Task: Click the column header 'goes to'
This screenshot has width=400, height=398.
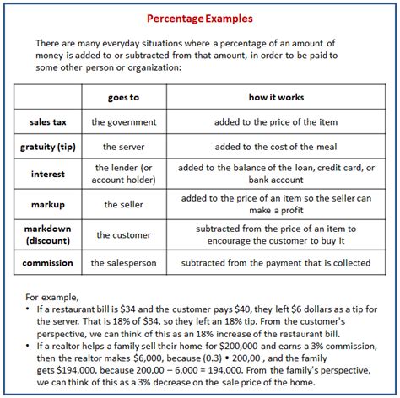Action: coord(122,97)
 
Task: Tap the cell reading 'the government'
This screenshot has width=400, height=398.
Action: coord(122,121)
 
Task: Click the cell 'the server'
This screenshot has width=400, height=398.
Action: coord(122,147)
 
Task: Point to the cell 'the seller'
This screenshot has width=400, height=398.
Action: coord(122,204)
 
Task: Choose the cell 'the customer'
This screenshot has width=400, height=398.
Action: coord(122,234)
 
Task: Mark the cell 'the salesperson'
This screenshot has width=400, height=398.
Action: coord(122,263)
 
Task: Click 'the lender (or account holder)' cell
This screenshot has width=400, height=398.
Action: coord(122,175)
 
